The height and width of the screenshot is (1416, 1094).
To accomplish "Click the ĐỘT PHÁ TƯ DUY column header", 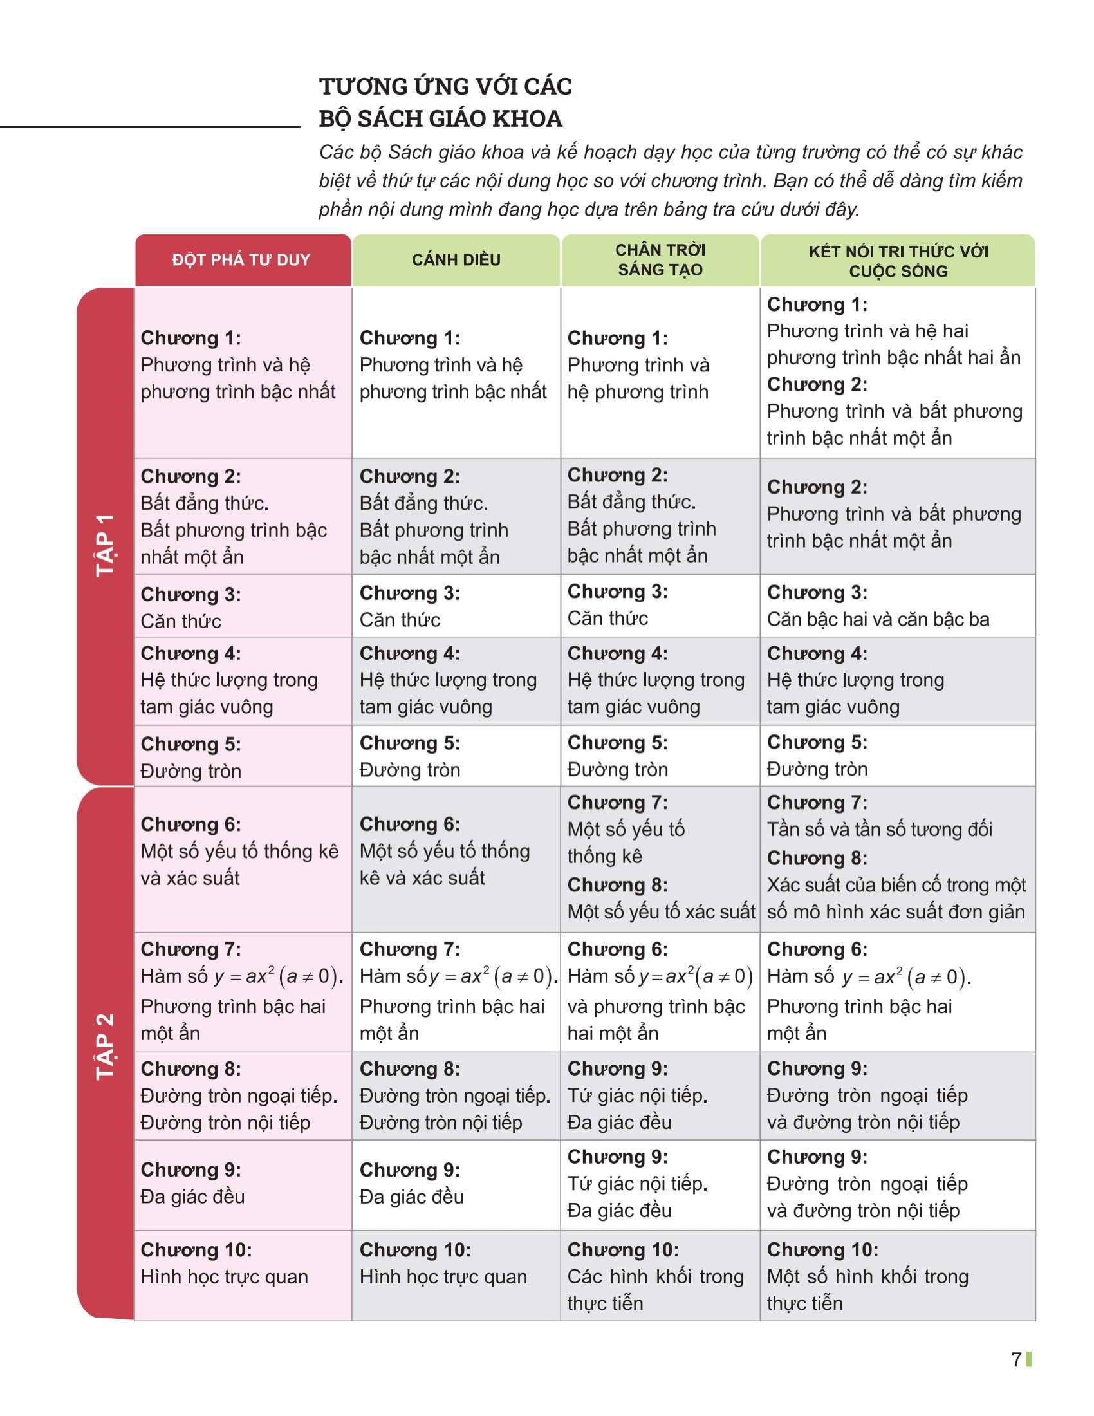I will tap(241, 260).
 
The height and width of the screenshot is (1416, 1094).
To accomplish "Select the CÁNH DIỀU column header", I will tap(456, 260).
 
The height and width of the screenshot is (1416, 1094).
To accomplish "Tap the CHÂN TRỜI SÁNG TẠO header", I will tap(660, 260).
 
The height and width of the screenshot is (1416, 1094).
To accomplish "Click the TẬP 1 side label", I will tap(105, 545).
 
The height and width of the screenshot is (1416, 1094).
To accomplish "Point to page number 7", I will tap(1016, 1359).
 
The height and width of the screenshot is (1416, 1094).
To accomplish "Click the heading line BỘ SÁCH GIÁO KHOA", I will tap(441, 118).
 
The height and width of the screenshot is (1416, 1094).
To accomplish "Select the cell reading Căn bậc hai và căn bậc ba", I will tap(878, 619).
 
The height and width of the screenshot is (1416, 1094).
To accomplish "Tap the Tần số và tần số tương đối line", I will tap(880, 829).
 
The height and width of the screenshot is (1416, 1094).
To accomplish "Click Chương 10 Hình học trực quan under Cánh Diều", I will tap(443, 1263).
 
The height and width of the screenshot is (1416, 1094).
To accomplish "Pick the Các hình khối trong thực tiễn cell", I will tap(654, 1276).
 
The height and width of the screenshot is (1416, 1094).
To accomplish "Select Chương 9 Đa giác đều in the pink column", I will tap(192, 1183).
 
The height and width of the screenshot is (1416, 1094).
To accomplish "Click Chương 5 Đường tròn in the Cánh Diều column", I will tap(409, 757).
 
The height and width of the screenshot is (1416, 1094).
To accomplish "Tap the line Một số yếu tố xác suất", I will tap(661, 912).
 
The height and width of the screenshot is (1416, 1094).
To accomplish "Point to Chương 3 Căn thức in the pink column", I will tap(190, 608).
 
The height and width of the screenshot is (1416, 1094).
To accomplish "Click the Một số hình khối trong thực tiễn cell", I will tap(867, 1276).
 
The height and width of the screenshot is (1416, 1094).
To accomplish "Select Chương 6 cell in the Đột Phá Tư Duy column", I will tap(239, 852).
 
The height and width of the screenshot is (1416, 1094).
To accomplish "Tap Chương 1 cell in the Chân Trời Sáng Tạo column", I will tap(638, 365).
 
